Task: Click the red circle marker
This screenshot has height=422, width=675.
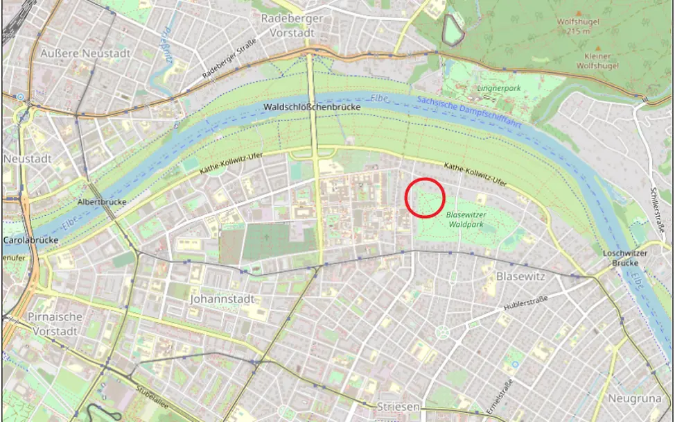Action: (x=424, y=198)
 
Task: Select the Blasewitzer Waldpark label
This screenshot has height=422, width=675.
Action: (x=466, y=220)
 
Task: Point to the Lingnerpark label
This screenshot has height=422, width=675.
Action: (x=498, y=89)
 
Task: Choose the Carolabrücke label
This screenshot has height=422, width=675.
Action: (x=30, y=241)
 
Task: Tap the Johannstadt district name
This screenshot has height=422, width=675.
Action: (x=221, y=299)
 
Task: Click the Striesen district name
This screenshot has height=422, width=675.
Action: (x=398, y=407)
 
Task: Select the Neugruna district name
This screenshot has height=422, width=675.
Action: (x=635, y=398)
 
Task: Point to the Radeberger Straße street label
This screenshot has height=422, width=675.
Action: (x=229, y=58)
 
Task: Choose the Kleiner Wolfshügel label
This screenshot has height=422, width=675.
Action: (x=588, y=61)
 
